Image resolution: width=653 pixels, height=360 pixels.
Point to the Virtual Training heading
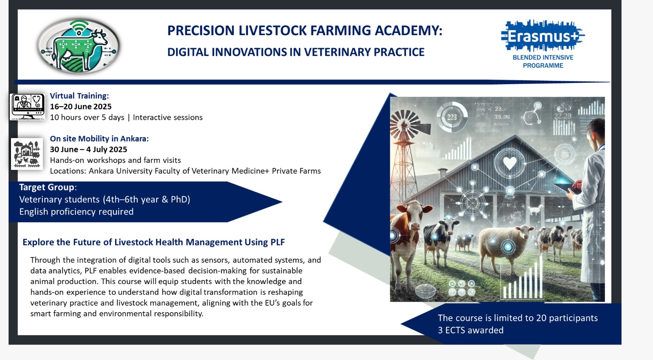(x=79, y=96)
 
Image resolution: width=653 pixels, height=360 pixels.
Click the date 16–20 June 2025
(x=81, y=107)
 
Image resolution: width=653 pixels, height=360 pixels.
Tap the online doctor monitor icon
(x=27, y=107)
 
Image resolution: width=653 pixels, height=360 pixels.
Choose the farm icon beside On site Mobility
(x=27, y=154)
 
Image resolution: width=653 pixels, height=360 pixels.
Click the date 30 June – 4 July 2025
(x=88, y=149)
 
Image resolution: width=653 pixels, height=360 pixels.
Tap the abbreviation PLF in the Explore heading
(x=277, y=242)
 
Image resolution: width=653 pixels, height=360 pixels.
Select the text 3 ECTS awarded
(x=471, y=330)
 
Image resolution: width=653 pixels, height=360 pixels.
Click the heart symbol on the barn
(x=510, y=163)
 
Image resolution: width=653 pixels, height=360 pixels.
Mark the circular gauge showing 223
(x=452, y=117)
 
